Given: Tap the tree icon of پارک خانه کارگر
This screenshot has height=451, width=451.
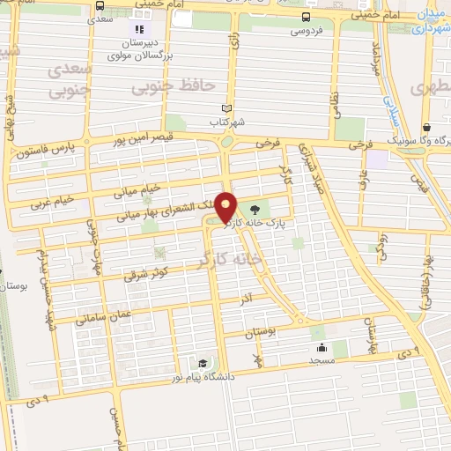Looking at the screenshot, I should point(255,210).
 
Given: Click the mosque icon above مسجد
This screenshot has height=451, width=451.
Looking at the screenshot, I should point(321,346).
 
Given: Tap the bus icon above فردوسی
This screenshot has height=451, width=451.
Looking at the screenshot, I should point(306,17).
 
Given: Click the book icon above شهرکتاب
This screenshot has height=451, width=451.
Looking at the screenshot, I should point(228,107).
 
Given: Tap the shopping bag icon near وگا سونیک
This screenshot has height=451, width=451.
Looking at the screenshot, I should point(426,127).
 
